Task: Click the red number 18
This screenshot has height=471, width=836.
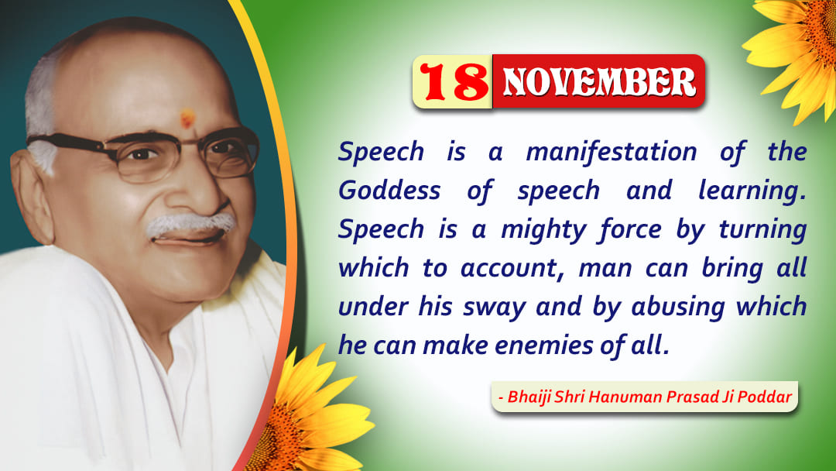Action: coord(454,81)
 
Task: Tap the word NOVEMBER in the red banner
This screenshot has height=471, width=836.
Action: coord(599,82)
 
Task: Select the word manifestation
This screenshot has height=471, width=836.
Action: coord(611,152)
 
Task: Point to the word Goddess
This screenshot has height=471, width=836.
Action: coord(389,191)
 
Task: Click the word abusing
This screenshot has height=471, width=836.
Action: coord(677,308)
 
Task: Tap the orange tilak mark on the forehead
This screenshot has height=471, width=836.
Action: coord(187,119)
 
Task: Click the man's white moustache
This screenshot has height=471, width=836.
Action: coord(190,224)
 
